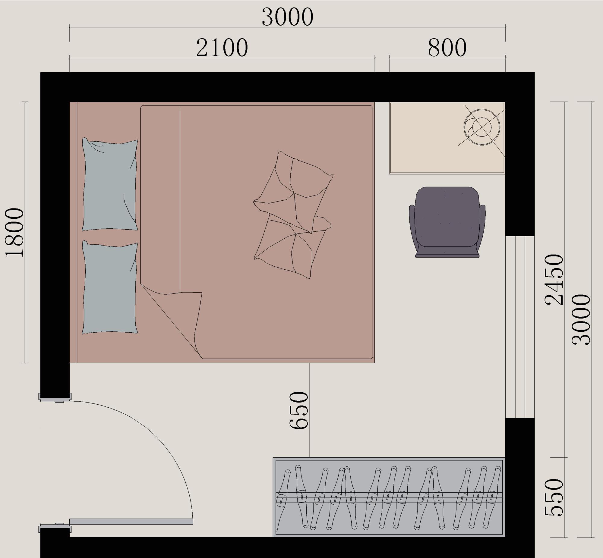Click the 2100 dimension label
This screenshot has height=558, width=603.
pyautogui.click(x=222, y=48)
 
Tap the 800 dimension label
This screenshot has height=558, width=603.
pyautogui.click(x=447, y=48)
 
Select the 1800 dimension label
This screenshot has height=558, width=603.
pyautogui.click(x=14, y=233)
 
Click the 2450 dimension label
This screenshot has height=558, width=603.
pyautogui.click(x=554, y=280)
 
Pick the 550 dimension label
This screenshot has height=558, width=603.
pyautogui.click(x=554, y=497)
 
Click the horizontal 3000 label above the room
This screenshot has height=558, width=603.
pyautogui.click(x=287, y=17)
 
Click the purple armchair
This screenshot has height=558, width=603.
pyautogui.click(x=447, y=222)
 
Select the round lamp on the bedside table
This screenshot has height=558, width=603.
pyautogui.click(x=482, y=127)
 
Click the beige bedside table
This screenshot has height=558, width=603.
pyautogui.click(x=447, y=138)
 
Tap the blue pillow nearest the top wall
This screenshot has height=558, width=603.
pyautogui.click(x=110, y=184)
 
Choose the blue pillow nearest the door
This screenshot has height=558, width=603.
pyautogui.click(x=110, y=287)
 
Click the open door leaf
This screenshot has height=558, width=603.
pyautogui.click(x=131, y=522)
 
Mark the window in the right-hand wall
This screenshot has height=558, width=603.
pyautogui.click(x=520, y=327)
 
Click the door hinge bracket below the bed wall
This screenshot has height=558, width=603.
pyautogui.click(x=55, y=397)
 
